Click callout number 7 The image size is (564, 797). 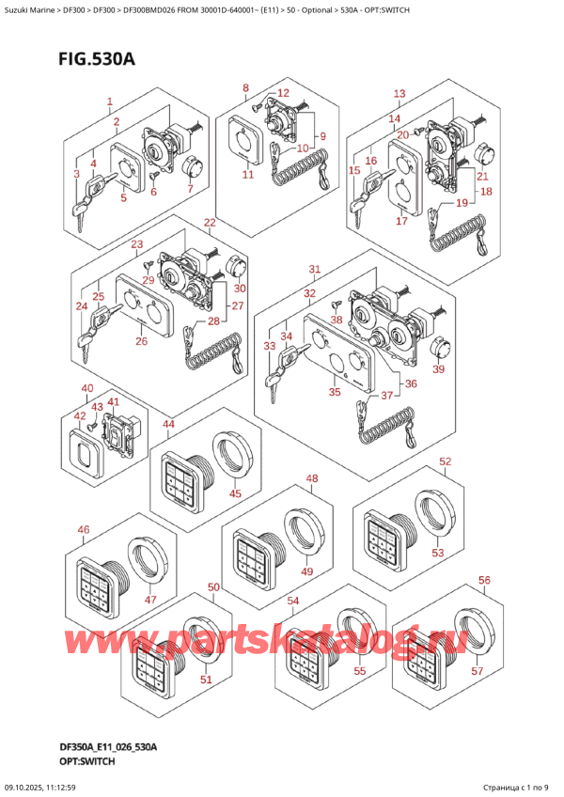tap(190, 189)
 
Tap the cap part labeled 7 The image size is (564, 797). tap(193, 167)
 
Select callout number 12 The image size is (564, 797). tap(283, 93)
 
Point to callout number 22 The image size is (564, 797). tap(210, 223)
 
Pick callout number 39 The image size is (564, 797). tap(438, 369)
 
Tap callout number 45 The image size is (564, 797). tap(235, 493)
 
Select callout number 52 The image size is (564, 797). tap(445, 461)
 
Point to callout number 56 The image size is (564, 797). tap(484, 581)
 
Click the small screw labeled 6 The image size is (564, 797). tap(154, 175)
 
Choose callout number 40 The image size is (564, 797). tap(87, 389)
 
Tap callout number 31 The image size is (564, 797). tap(315, 269)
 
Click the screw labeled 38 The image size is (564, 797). tap(336, 305)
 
